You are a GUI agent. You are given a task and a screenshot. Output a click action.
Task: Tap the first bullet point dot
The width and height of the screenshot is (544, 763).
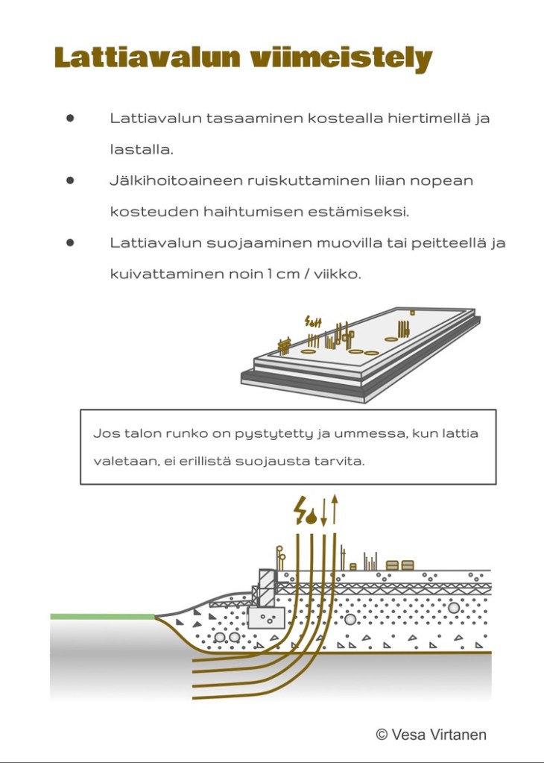click(71, 118)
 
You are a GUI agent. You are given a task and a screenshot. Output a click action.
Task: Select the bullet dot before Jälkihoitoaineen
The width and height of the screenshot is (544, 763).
click(71, 180)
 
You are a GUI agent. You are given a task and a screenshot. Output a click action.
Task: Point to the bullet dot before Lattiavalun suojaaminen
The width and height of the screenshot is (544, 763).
click(71, 242)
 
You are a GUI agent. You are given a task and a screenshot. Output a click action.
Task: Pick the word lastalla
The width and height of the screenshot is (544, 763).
click(141, 149)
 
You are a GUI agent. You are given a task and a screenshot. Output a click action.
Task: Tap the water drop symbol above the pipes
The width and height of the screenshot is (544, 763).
click(313, 515)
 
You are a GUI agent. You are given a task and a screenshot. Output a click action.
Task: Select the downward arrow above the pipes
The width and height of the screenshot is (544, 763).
click(325, 511)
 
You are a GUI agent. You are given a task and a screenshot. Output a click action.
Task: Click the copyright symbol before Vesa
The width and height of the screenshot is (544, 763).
click(382, 735)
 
